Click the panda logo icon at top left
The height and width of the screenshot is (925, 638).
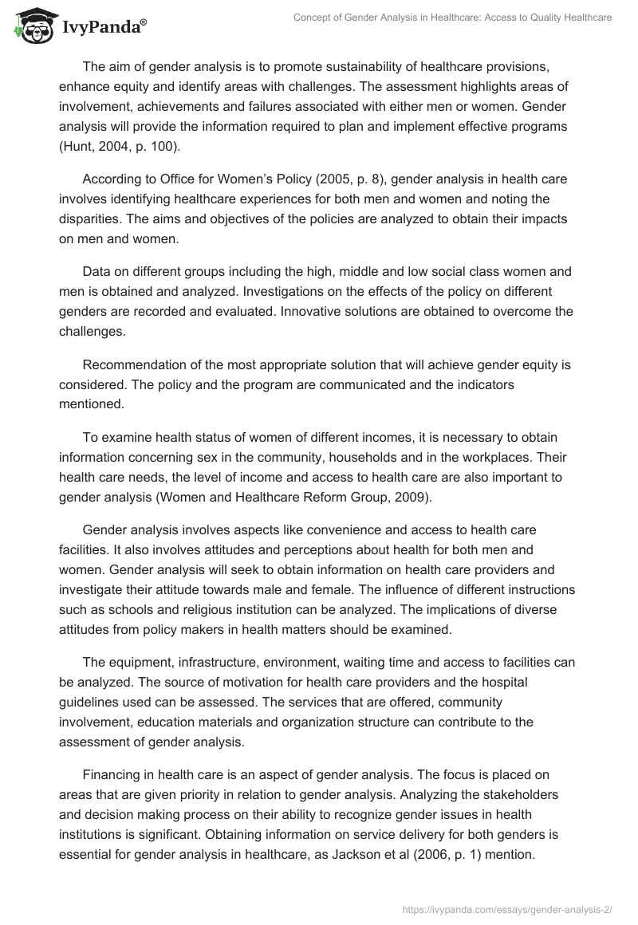tap(30, 27)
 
